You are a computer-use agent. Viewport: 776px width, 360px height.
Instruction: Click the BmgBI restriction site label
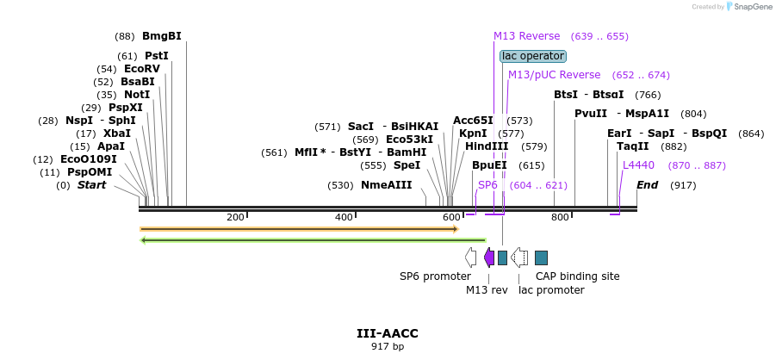tap(162, 36)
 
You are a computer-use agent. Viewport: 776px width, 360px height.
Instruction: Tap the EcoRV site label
tap(142, 69)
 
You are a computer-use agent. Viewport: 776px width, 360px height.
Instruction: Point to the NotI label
tap(137, 95)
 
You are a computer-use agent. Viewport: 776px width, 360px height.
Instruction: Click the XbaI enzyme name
tap(117, 133)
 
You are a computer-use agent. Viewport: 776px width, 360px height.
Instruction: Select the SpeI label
tap(407, 164)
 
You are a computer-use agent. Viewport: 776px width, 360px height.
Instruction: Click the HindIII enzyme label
tap(487, 146)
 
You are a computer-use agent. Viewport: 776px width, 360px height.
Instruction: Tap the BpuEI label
tap(489, 165)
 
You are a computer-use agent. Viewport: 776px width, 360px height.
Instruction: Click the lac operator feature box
tap(532, 56)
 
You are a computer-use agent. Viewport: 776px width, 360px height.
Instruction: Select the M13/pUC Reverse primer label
tap(555, 75)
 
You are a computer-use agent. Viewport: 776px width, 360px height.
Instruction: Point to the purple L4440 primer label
tap(638, 165)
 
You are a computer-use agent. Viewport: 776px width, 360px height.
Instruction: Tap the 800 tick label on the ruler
tap(560, 217)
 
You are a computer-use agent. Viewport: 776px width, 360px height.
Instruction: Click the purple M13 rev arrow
tap(488, 258)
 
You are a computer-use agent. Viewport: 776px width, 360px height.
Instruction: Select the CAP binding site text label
tap(578, 276)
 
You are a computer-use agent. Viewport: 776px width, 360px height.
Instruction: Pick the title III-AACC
tap(388, 333)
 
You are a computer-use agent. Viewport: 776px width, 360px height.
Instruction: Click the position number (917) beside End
tap(683, 186)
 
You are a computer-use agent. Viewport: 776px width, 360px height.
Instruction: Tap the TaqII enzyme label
tap(632, 146)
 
